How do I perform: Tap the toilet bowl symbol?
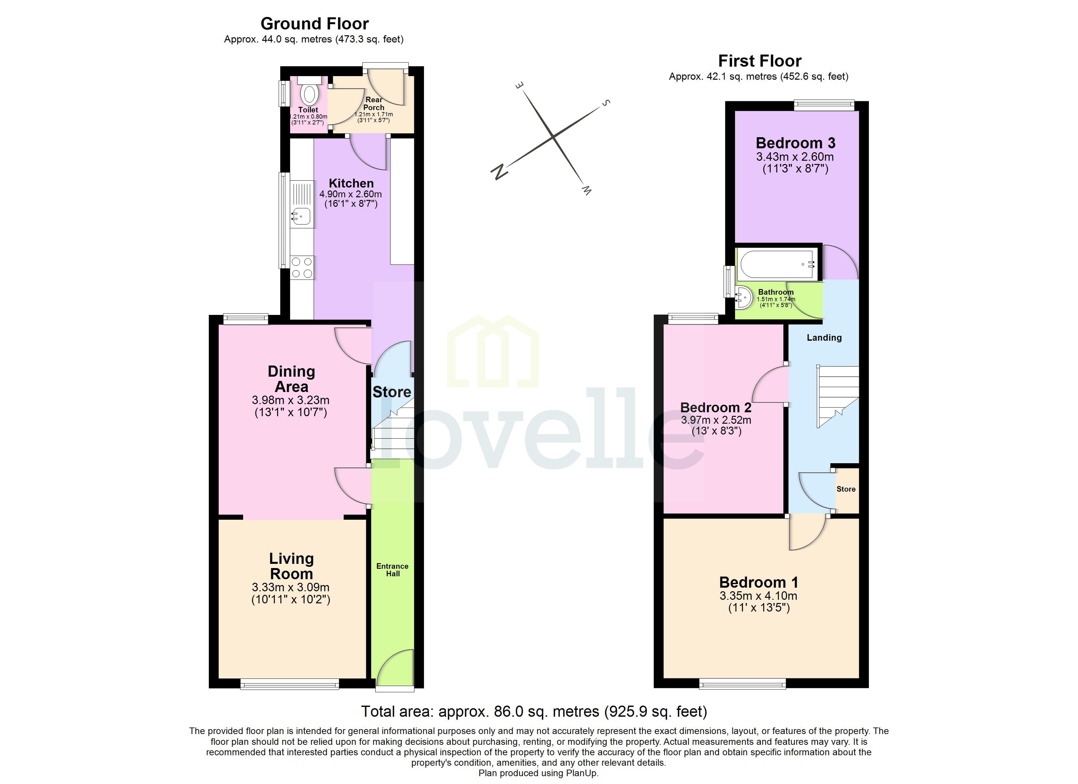[x=309, y=94]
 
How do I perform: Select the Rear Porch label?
[x=374, y=103]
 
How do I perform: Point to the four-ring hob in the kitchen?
[x=302, y=268]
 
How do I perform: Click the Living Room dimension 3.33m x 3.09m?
[x=290, y=587]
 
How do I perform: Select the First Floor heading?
[x=759, y=61]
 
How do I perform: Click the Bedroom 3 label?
[x=795, y=143]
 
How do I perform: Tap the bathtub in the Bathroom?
[x=777, y=264]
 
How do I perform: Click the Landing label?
[x=824, y=337]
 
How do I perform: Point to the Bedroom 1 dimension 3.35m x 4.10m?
[x=758, y=596]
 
